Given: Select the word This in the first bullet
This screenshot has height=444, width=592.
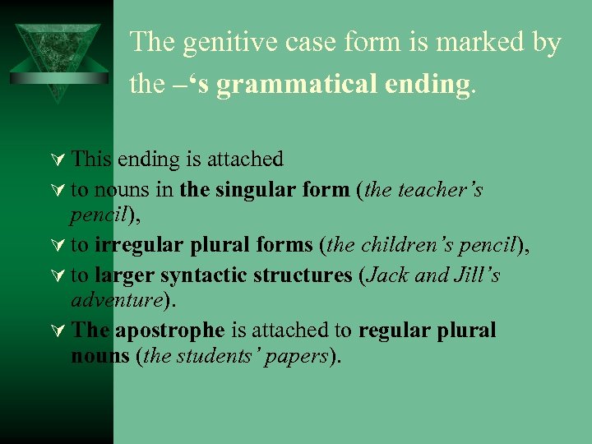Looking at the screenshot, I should tap(93, 159).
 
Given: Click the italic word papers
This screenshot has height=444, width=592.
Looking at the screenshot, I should tap(298, 356).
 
